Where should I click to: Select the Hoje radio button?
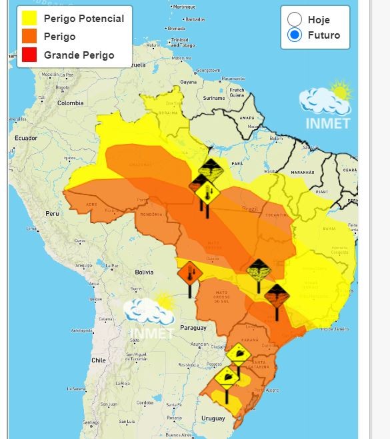pyautogui.click(x=295, y=19)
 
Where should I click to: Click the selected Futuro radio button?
pyautogui.click(x=295, y=35)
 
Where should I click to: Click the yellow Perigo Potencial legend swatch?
pyautogui.click(x=29, y=18)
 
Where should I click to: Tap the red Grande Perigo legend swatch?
pyautogui.click(x=29, y=55)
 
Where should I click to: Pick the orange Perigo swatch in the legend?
pyautogui.click(x=29, y=37)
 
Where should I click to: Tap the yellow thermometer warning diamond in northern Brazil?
pyautogui.click(x=207, y=194)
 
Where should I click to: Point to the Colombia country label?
pyautogui.click(x=70, y=103)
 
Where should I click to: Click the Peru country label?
pyautogui.click(x=52, y=213)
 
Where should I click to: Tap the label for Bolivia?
pyautogui.click(x=145, y=272)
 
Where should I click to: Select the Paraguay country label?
pyautogui.click(x=193, y=328)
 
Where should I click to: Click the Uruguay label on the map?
pyautogui.click(x=213, y=418)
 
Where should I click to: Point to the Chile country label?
pyautogui.click(x=99, y=360)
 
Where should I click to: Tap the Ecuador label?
pyautogui.click(x=22, y=138)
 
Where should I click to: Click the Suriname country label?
pyautogui.click(x=214, y=98)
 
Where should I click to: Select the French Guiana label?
pyautogui.click(x=237, y=93)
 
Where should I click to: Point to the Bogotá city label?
pyautogui.click(x=62, y=87)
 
